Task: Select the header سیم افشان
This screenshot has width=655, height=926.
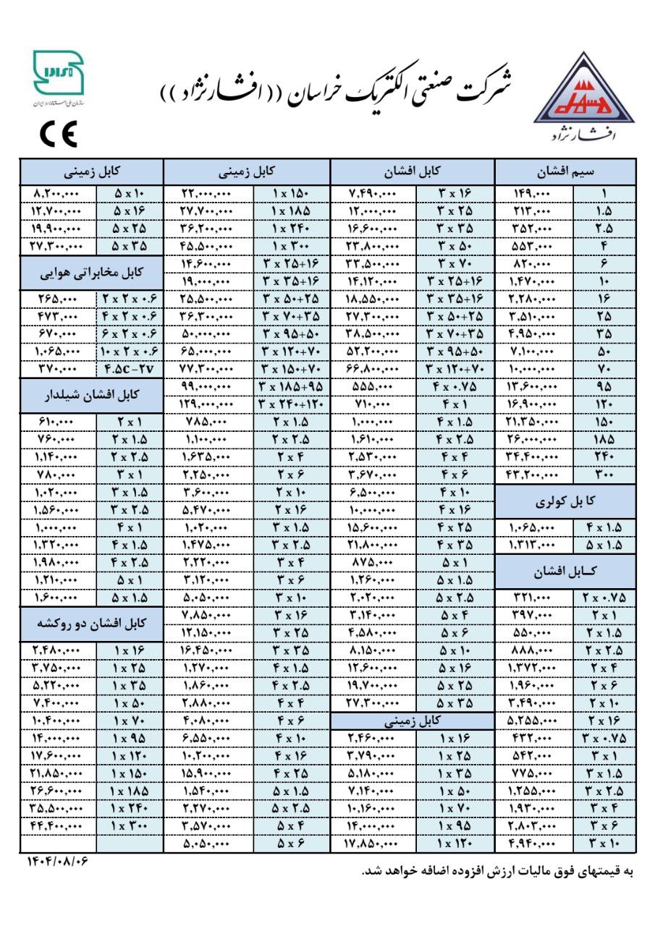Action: coord(565,173)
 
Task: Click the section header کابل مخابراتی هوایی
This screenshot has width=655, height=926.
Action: coord(92,274)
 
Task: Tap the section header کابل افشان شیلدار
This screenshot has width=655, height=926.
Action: coord(92,396)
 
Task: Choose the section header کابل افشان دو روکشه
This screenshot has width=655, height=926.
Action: coord(92,623)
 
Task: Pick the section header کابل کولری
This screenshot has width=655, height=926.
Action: coord(565,501)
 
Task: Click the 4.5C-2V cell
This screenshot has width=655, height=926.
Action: coord(130,368)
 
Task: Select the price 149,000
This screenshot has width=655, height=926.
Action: coord(536,193)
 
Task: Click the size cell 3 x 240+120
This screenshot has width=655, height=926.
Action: coord(292,404)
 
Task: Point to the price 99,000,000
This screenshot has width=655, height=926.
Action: coord(208,386)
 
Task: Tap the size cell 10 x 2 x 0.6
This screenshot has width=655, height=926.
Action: coord(130,350)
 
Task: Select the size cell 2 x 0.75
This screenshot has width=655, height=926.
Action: coord(604,597)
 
